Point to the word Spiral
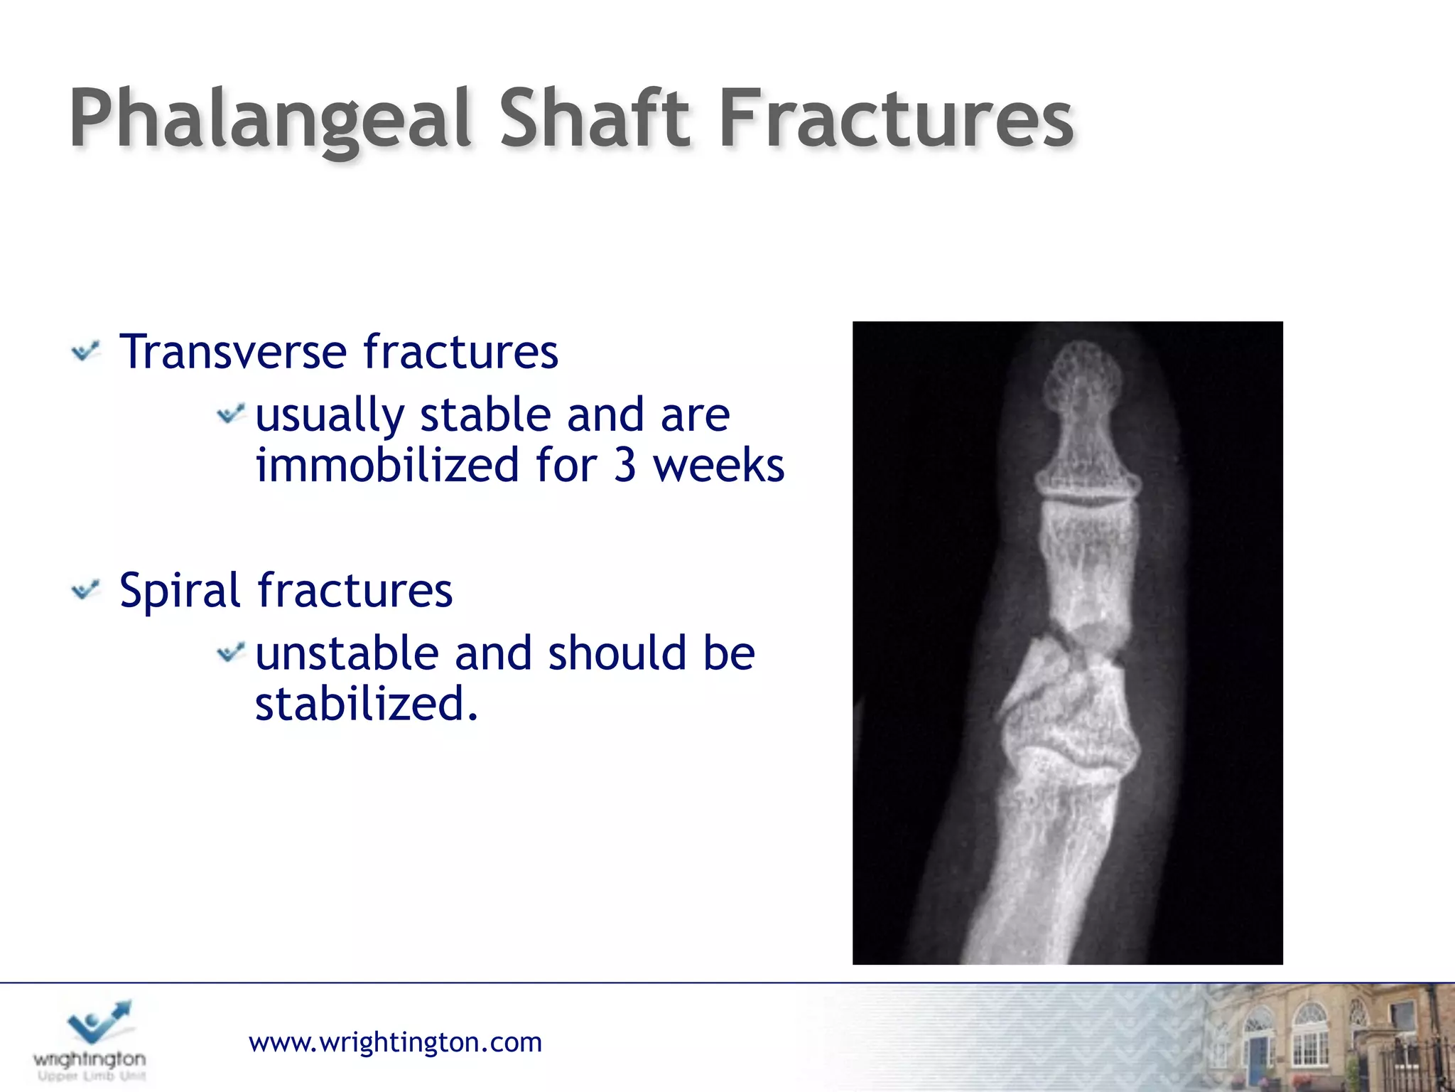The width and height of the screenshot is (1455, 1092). (180, 591)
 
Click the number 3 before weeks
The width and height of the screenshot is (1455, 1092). (624, 466)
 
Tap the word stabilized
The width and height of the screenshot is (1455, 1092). (366, 704)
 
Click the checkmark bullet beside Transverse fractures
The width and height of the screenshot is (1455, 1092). (86, 351)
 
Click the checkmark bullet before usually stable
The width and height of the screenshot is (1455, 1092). (230, 413)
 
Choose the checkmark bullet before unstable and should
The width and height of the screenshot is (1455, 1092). (230, 652)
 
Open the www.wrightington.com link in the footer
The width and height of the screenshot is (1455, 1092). (395, 1042)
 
